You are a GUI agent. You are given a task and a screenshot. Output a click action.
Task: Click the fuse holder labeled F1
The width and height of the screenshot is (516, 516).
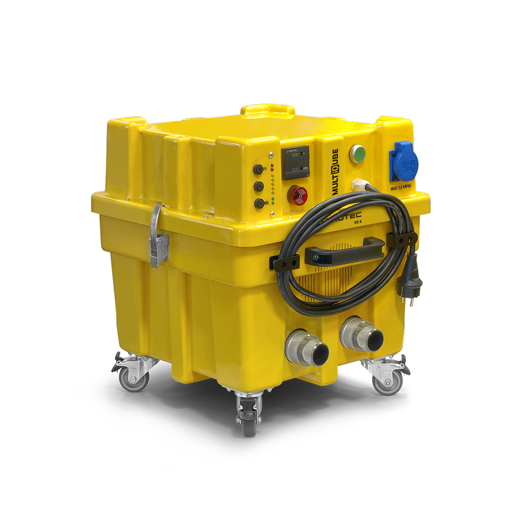258,169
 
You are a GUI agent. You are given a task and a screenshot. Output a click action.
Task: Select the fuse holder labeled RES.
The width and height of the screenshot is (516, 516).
259,203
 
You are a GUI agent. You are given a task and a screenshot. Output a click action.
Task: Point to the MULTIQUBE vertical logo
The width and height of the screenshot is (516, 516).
335,172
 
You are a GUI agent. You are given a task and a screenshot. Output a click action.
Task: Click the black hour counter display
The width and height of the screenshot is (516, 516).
295,162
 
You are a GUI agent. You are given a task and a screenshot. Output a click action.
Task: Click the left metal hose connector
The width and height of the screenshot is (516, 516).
307,349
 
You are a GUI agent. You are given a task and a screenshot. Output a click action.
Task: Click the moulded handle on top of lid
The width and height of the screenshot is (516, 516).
267,110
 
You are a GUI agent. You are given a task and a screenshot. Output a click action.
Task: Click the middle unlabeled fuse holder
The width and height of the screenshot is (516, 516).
259,186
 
